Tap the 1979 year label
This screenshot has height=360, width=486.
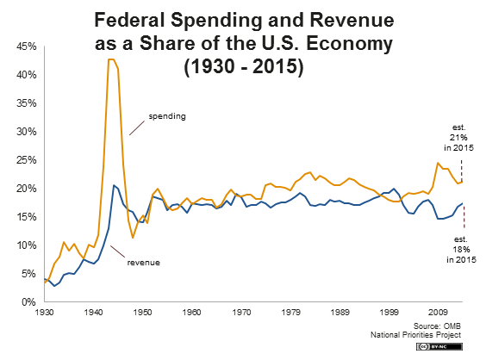pos(292,313)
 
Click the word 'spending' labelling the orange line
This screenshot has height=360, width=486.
pos(168,115)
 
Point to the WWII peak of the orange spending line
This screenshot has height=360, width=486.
pos(111,59)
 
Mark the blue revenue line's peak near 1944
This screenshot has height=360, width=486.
pos(114,184)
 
